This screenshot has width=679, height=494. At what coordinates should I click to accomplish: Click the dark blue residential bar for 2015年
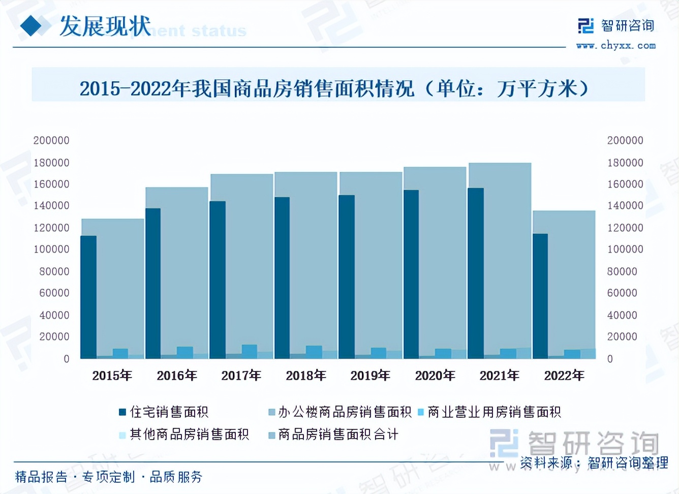[88, 297]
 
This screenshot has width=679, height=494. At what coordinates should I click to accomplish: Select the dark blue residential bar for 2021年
[476, 273]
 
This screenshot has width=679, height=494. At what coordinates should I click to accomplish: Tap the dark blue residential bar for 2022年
[540, 296]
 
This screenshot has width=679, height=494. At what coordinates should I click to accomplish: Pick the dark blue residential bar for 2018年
[282, 277]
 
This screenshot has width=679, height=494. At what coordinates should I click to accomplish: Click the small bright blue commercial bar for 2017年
[249, 351]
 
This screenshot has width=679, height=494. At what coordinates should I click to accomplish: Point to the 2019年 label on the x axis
[370, 376]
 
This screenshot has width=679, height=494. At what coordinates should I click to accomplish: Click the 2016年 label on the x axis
[176, 376]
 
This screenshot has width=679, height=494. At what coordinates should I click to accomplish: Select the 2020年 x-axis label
[435, 376]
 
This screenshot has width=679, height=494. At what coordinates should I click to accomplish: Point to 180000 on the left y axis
[51, 163]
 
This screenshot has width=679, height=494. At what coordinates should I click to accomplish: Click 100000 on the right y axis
[625, 249]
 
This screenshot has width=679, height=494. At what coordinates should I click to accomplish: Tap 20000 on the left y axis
[54, 336]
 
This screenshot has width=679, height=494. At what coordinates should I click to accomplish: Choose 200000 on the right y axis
[625, 140]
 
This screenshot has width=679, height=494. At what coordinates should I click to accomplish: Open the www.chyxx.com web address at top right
[616, 46]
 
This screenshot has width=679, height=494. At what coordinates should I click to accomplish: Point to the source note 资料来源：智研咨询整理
[594, 462]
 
